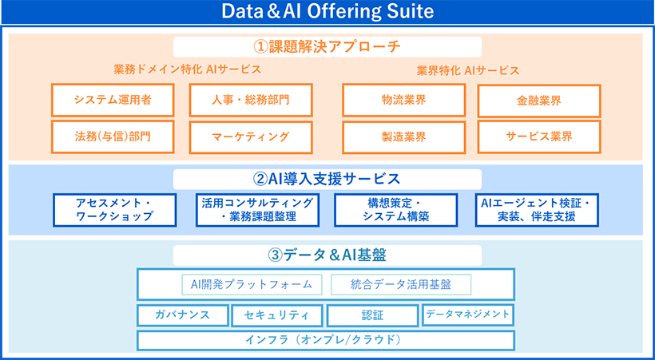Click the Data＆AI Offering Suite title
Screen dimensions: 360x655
(327, 12)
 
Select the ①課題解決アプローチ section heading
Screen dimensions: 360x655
(327, 46)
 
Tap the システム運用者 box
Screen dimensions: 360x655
(113, 101)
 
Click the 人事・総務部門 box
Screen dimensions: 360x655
(251, 101)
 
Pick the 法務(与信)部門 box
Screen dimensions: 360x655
(113, 136)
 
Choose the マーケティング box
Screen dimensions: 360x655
(251, 136)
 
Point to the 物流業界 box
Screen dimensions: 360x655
(403, 101)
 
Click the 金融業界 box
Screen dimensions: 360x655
(539, 101)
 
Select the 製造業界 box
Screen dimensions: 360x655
(403, 136)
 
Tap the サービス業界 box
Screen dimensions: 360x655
(539, 136)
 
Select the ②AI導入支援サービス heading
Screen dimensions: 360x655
(327, 179)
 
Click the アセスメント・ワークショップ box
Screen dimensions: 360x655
(114, 210)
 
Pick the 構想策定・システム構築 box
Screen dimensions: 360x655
(395, 210)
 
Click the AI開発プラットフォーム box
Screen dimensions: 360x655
(252, 284)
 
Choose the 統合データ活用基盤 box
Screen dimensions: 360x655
(400, 284)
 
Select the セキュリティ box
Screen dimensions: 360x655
(277, 315)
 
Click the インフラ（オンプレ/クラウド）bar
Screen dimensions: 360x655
(326, 340)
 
